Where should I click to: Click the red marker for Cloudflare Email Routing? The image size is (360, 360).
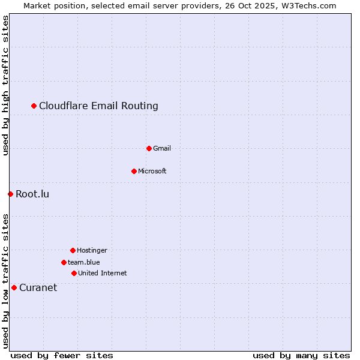pyautogui.click(x=34, y=106)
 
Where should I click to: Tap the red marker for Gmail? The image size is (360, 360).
pyautogui.click(x=149, y=148)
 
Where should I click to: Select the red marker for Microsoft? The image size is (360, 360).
pyautogui.click(x=134, y=171)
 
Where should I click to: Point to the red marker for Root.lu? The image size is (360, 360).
pyautogui.click(x=10, y=194)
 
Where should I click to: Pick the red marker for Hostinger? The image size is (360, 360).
pyautogui.click(x=73, y=250)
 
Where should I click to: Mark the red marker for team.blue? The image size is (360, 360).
pyautogui.click(x=64, y=262)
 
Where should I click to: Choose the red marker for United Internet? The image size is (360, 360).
pyautogui.click(x=74, y=273)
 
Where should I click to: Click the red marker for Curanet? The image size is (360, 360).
pyautogui.click(x=14, y=287)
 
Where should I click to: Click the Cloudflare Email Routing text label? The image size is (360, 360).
pyautogui.click(x=98, y=106)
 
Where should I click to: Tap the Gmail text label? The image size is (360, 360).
pyautogui.click(x=162, y=148)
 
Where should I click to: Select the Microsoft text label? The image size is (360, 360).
pyautogui.click(x=152, y=171)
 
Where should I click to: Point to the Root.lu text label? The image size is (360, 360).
pyautogui.click(x=32, y=194)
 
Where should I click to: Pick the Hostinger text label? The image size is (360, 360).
pyautogui.click(x=92, y=250)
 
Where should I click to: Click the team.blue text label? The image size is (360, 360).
pyautogui.click(x=84, y=262)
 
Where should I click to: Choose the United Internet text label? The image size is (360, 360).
pyautogui.click(x=103, y=273)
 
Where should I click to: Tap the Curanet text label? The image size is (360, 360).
pyautogui.click(x=38, y=287)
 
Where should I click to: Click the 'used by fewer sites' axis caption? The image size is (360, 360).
pyautogui.click(x=62, y=355)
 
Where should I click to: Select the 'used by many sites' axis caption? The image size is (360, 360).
pyautogui.click(x=301, y=355)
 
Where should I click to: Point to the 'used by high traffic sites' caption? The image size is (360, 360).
pyautogui.click(x=5, y=85)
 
